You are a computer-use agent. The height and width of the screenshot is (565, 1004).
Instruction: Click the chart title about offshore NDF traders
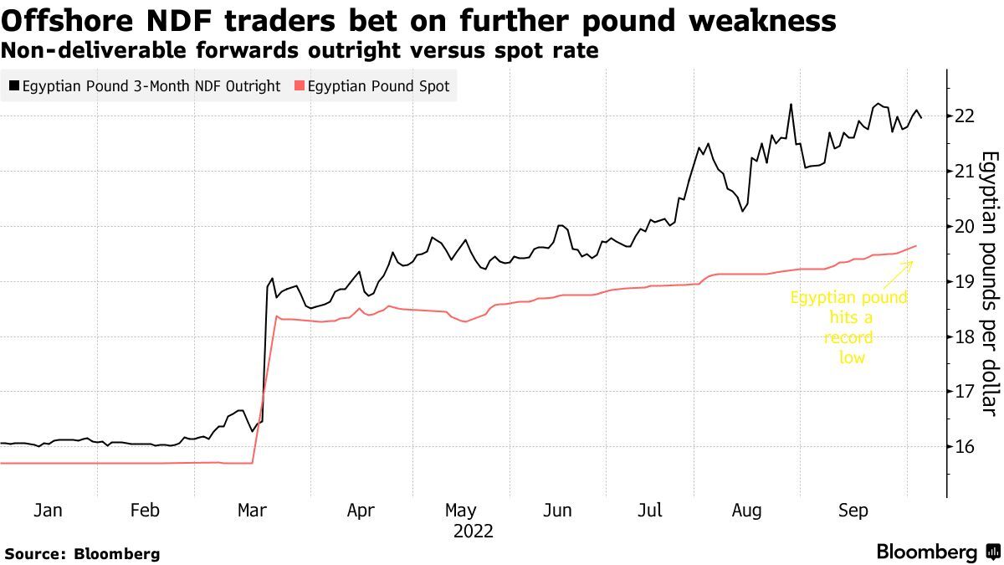(x=418, y=20)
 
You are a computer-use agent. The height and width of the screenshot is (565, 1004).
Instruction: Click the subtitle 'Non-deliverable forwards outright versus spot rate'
(x=300, y=50)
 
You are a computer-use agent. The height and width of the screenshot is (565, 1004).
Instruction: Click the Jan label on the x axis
(x=47, y=511)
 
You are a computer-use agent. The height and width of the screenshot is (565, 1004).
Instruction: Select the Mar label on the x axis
(x=253, y=511)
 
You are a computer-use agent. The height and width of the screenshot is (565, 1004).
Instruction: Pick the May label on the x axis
(x=460, y=511)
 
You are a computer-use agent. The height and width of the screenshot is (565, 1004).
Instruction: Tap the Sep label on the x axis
(x=854, y=511)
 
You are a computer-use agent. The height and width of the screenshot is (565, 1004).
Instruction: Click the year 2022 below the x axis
(x=473, y=531)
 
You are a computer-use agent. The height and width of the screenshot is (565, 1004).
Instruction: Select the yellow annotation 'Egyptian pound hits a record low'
(x=849, y=327)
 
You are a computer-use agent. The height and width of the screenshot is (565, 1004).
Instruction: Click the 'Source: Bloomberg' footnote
(x=82, y=553)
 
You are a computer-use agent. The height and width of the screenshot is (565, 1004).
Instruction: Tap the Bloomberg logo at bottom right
(x=937, y=552)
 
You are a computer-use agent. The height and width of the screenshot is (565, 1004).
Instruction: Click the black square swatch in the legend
(x=14, y=86)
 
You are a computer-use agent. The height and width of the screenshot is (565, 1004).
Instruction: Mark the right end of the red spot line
(x=917, y=245)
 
